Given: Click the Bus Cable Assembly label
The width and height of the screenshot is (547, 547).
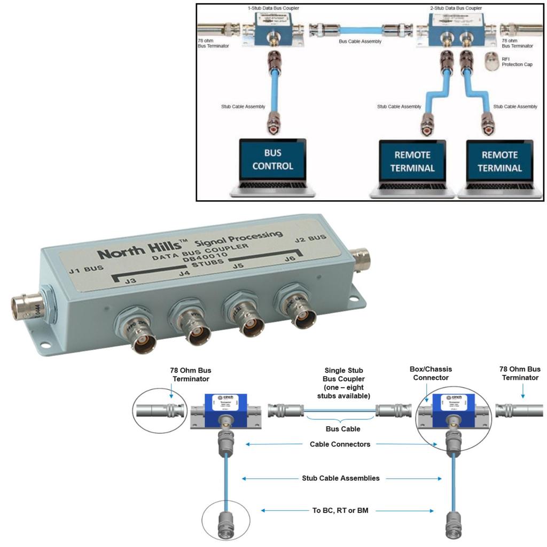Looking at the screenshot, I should click(361, 41).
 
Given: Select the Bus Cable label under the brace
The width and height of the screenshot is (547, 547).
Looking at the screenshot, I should click(343, 428).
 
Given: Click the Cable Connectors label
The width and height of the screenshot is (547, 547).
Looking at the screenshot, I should click(340, 444).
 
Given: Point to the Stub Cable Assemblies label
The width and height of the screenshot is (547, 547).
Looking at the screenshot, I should click(341, 478).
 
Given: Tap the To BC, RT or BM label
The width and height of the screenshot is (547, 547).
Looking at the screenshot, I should click(340, 511).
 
